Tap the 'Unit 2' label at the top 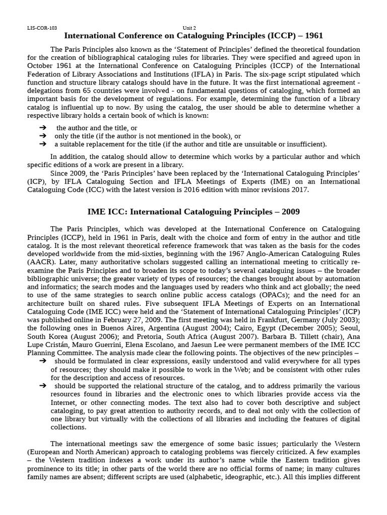[x=189, y=28]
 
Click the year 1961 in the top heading [x=311, y=36]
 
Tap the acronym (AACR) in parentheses [x=42, y=262]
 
